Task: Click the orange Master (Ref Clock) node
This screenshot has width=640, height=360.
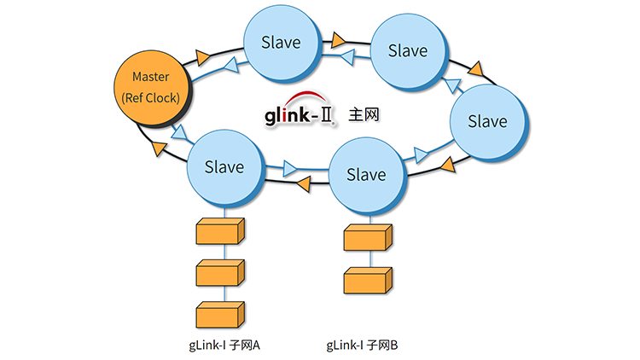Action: pyautogui.click(x=149, y=88)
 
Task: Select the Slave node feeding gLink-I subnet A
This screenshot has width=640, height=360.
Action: pyautogui.click(x=224, y=167)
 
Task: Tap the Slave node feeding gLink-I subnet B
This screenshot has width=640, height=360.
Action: pyautogui.click(x=366, y=175)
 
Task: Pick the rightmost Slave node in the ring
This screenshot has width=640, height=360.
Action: pyautogui.click(x=486, y=121)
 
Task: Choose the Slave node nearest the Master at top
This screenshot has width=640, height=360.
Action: pyautogui.click(x=279, y=42)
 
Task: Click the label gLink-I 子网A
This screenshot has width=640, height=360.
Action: pyautogui.click(x=224, y=345)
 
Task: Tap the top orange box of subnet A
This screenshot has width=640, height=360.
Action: pyautogui.click(x=220, y=231)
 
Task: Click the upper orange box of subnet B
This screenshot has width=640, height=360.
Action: pyautogui.click(x=367, y=238)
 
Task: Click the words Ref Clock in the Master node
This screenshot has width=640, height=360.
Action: pyautogui.click(x=150, y=97)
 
